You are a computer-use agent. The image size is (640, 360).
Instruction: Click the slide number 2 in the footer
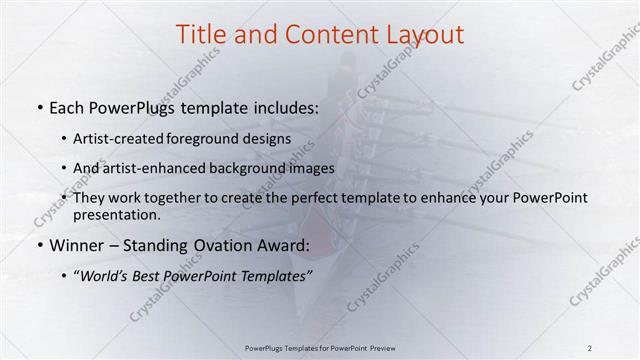[589, 348]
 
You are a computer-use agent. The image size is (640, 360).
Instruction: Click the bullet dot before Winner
[39, 245]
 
